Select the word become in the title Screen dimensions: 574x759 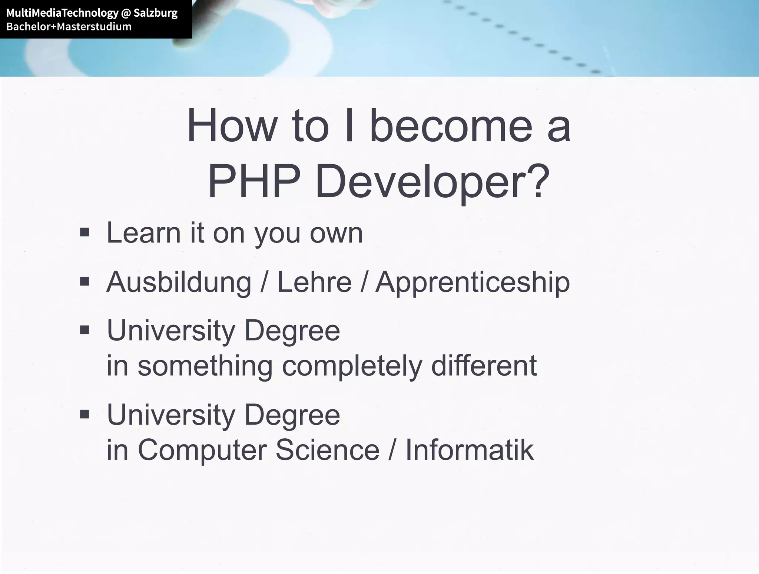451,126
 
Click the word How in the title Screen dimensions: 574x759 232,126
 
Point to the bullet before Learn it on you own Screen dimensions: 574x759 84,232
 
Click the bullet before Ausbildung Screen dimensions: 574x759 84,281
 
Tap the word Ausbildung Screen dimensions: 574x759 179,282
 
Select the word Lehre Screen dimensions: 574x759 314,282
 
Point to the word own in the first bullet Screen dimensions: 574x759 336,234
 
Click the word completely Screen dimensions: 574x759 352,366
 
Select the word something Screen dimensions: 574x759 205,366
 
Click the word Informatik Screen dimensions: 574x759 470,450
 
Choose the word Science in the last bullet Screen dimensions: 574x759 328,450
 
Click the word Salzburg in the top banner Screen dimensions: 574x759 155,13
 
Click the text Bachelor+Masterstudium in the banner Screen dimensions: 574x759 69,27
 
